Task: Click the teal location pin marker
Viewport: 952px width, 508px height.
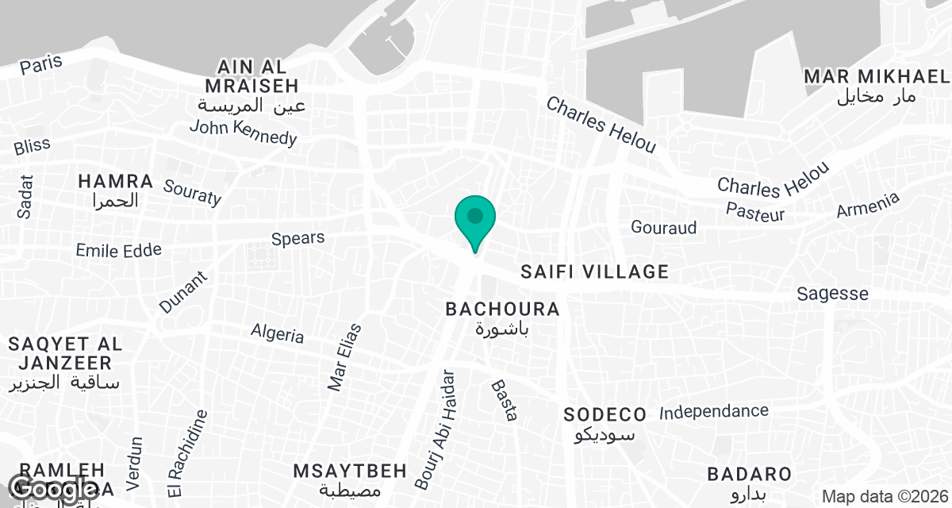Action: [x=475, y=218]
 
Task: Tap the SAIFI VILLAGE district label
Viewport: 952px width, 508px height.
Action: [x=594, y=272]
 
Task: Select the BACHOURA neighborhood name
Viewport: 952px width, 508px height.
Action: [x=502, y=309]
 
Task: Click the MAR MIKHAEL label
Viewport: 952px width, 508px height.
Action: [x=876, y=76]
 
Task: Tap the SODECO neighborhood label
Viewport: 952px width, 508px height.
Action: [x=605, y=414]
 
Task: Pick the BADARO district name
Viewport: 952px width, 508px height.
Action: [x=749, y=475]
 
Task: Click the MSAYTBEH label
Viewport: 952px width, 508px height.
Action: [x=350, y=471]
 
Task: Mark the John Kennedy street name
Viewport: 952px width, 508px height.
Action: [x=243, y=132]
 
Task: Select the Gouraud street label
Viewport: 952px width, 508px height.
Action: [x=663, y=228]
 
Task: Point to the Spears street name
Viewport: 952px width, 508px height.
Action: [x=297, y=238]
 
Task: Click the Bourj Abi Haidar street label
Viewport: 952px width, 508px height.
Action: [x=436, y=429]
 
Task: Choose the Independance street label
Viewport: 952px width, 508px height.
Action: [x=714, y=412]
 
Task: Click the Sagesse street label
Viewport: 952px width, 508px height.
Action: [x=832, y=294]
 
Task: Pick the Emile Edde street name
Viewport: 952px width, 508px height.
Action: [x=118, y=251]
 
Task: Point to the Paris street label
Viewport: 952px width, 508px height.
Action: [x=41, y=65]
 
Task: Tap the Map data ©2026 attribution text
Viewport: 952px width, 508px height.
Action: [x=884, y=496]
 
